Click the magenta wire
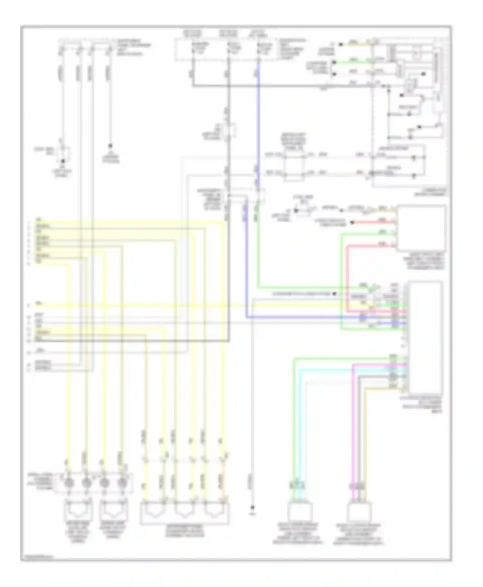[353, 419]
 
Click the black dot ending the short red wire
[352, 222]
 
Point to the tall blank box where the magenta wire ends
[425, 335]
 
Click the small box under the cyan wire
[299, 512]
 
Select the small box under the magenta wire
[359, 512]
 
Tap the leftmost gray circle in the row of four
[69, 483]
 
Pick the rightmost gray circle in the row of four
[122, 483]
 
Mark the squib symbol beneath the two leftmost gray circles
[79, 509]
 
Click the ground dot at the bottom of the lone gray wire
[253, 508]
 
